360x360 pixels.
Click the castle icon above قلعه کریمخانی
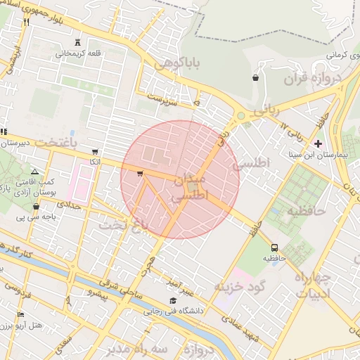[77, 43]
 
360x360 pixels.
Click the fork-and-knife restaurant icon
[27, 22]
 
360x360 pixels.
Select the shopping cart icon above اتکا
[95, 152]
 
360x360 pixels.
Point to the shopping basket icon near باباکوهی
[255, 78]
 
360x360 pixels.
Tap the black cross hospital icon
[318, 143]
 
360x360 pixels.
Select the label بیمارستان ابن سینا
[316, 153]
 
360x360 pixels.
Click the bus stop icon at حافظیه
[274, 247]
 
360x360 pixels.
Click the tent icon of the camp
[34, 172]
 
